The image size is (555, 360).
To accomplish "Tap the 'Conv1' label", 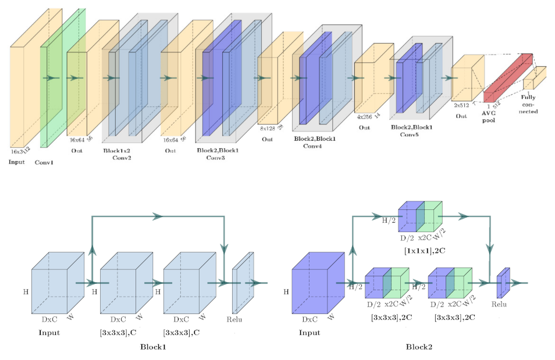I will [44, 163].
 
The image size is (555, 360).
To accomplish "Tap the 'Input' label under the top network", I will [16, 161].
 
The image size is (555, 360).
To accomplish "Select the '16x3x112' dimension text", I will [21, 151].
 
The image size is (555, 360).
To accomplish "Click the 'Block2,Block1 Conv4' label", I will [314, 142].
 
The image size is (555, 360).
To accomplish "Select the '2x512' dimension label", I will [462, 105].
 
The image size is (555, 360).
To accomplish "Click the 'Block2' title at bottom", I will [419, 347].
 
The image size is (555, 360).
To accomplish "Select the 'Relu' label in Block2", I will [499, 304].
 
